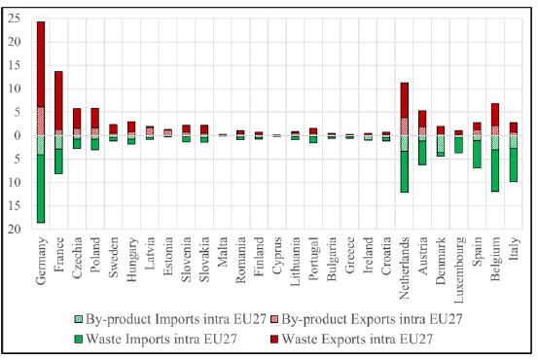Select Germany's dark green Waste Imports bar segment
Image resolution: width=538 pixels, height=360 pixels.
click(41, 189)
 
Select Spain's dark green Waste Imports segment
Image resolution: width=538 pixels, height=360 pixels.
click(477, 155)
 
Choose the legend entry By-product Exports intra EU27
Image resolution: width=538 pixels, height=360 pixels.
click(370, 318)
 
